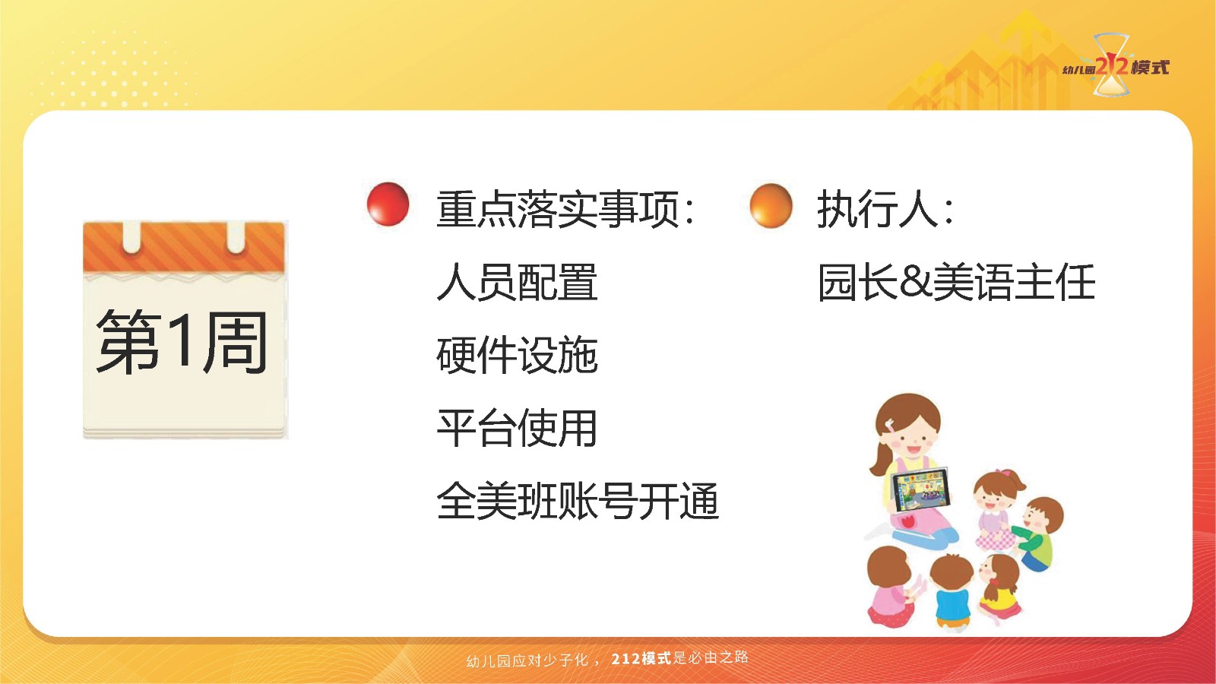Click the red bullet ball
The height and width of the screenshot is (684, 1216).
(x=388, y=204)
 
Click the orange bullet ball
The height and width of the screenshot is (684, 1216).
(x=771, y=206)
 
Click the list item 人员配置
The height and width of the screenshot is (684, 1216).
(x=517, y=282)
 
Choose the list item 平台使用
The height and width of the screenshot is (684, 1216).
(x=517, y=428)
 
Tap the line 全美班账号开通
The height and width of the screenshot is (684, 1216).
(x=578, y=501)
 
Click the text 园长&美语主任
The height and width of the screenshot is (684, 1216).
(x=957, y=282)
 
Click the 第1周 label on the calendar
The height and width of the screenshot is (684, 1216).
(x=182, y=342)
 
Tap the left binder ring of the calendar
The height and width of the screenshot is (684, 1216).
(x=132, y=237)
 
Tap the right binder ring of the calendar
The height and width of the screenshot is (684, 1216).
(x=236, y=237)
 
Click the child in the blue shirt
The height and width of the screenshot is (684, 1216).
(x=953, y=591)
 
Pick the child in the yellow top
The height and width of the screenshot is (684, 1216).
(x=999, y=589)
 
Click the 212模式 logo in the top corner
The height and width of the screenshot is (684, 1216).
(x=1116, y=66)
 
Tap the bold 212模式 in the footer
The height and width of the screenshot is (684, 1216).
(x=641, y=658)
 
